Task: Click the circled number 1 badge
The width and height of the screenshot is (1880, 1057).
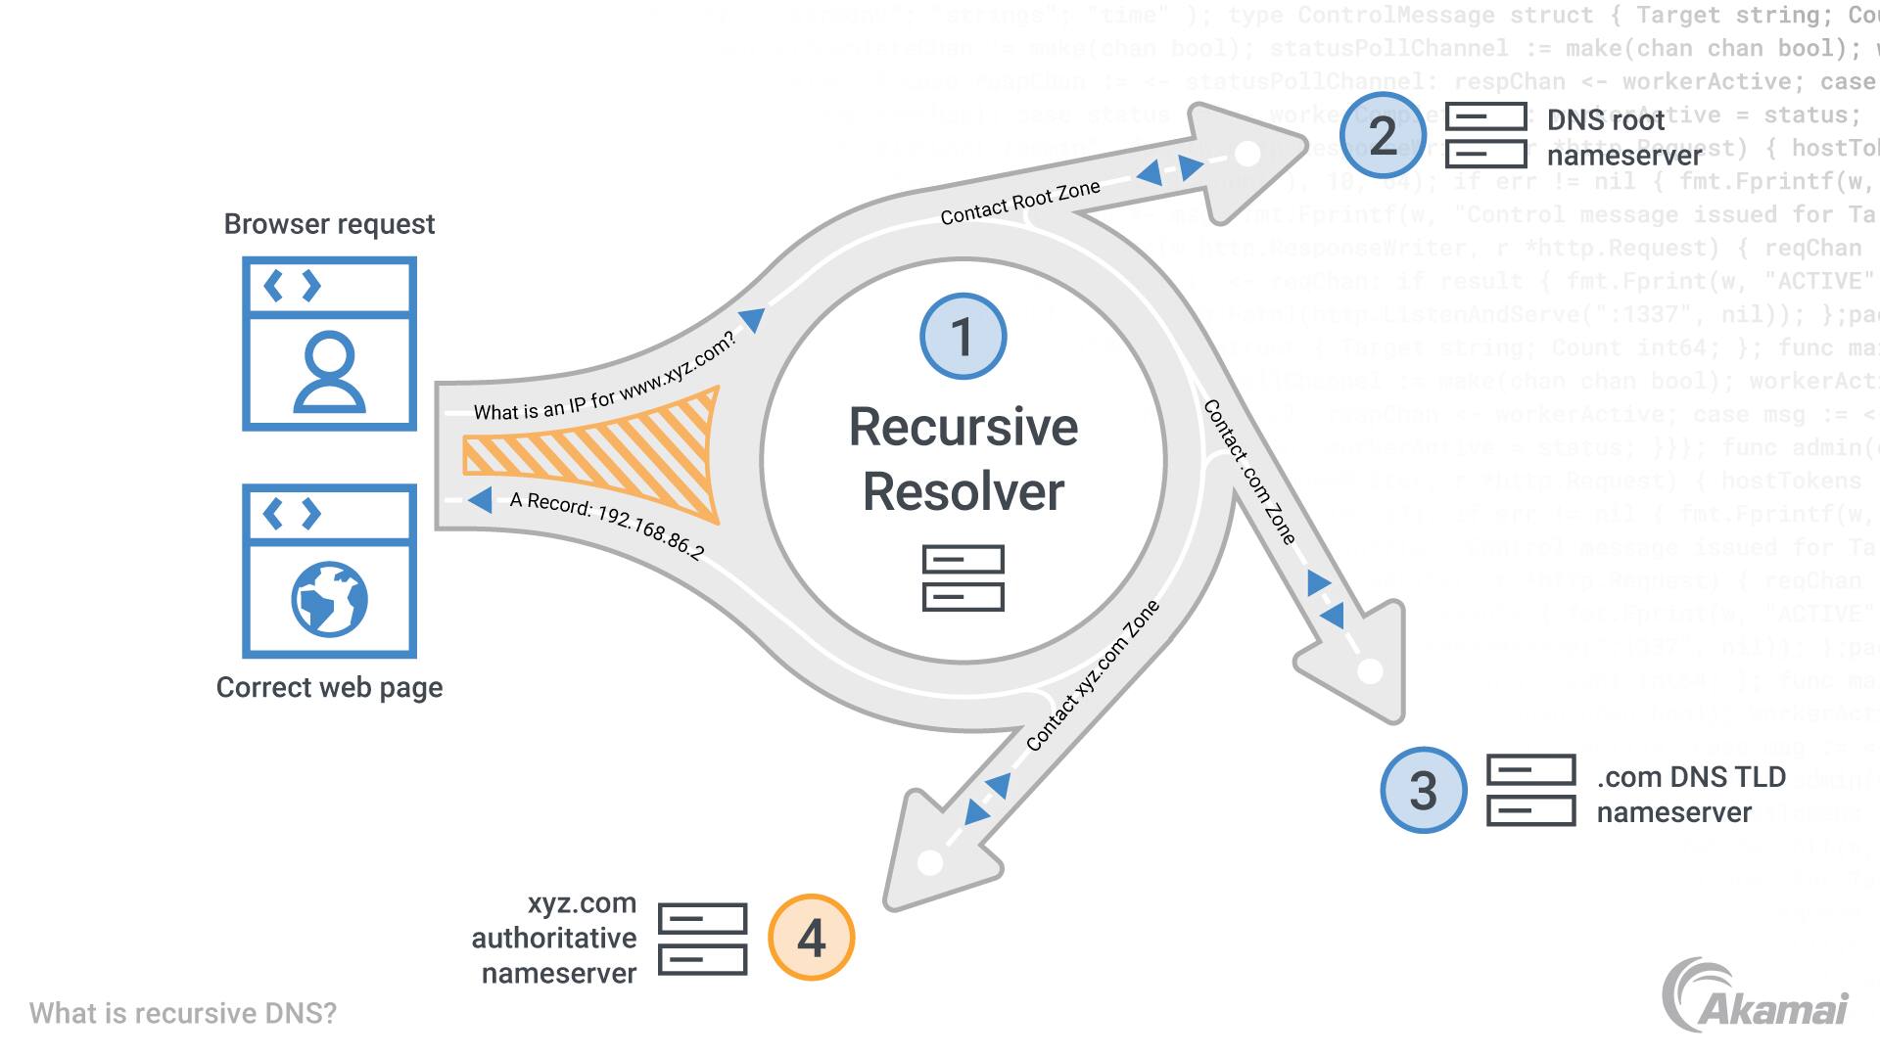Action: pos(963,337)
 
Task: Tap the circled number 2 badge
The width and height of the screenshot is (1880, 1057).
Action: pos(1383,135)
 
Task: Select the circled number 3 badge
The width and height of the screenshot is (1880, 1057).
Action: pos(1424,790)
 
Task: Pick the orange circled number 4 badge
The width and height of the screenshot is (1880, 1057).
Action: pos(811,938)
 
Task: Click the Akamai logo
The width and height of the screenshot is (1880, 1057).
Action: pos(1755,996)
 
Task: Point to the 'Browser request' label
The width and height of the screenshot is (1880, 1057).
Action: pos(329,224)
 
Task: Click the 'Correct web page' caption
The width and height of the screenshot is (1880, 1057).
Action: pos(329,687)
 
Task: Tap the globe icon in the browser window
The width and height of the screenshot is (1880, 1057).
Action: pos(329,599)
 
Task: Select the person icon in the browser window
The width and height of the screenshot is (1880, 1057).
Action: pos(329,372)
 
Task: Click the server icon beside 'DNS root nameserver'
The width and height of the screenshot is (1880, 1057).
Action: pos(1486,135)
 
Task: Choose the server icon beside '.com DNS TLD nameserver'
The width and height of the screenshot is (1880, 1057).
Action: pos(1530,790)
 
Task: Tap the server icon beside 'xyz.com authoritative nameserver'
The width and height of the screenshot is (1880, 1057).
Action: pos(702,939)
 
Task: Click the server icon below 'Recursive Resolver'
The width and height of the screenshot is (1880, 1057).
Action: pos(963,578)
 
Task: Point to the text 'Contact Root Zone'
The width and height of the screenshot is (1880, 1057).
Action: pos(1020,202)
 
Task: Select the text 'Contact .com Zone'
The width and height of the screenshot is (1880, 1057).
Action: pos(1249,471)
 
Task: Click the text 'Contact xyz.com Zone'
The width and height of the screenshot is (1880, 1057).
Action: pos(1093,675)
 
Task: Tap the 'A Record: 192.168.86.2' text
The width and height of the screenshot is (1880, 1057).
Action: pos(606,525)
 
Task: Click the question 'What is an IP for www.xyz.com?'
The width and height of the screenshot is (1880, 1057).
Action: pos(604,380)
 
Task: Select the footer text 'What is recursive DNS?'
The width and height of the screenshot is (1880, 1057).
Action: pos(183,1013)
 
